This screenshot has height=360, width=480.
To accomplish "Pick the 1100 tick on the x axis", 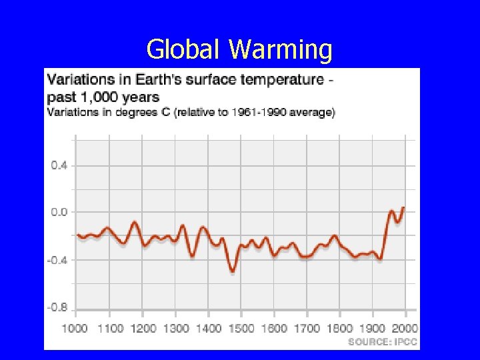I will (110, 328).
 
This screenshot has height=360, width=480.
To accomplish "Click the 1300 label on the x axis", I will (175, 328).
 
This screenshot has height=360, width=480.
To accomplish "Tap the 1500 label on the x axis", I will (241, 328).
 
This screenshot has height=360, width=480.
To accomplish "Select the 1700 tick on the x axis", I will (307, 328).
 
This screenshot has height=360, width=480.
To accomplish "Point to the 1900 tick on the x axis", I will (372, 328).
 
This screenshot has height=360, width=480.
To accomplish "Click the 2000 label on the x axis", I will (404, 328).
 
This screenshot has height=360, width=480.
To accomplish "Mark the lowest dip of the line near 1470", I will (232, 270).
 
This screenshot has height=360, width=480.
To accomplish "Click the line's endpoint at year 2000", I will (403, 208).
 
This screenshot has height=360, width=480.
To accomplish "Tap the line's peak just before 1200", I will (135, 223).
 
